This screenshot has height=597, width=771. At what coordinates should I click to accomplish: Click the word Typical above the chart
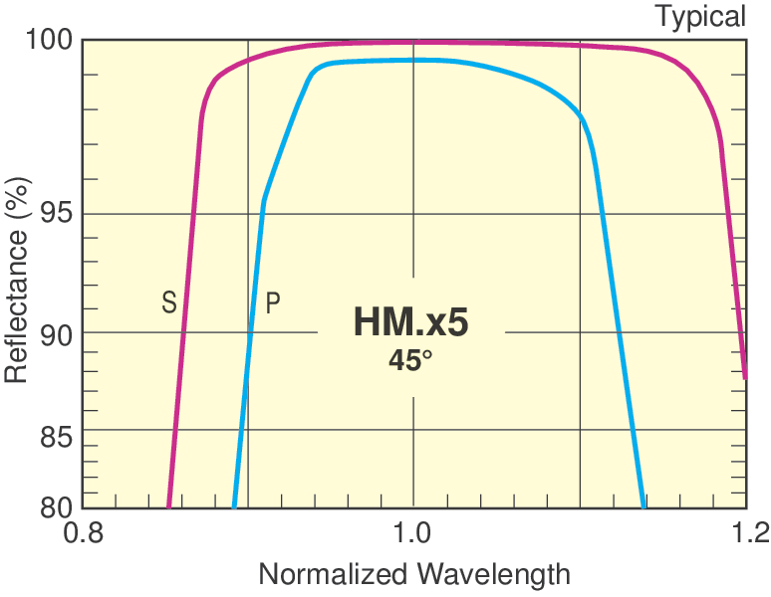699,16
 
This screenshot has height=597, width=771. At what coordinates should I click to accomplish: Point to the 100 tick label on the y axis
46,41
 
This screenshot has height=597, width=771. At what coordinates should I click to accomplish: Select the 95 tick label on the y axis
54,214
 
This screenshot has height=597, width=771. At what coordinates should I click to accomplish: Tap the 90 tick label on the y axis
54,333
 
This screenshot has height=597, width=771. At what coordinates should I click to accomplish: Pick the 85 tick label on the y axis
54,437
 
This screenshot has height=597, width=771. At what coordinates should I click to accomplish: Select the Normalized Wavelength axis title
414,574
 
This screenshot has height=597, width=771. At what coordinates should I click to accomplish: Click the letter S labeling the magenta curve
169,302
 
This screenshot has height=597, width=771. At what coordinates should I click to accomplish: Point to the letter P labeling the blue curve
272,302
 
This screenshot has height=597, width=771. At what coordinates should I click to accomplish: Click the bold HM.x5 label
410,322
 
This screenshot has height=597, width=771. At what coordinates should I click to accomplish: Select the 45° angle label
410,360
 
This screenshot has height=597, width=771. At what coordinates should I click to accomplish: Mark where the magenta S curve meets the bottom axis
168,506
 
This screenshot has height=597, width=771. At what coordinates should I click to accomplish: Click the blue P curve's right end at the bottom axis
642,506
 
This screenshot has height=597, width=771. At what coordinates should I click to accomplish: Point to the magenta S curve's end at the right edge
745,376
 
